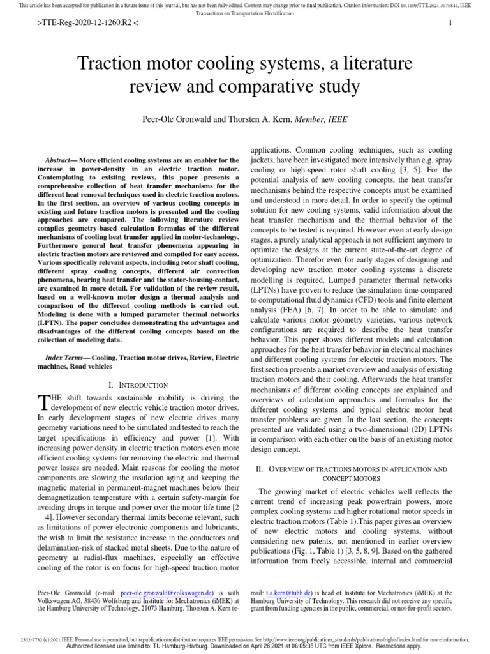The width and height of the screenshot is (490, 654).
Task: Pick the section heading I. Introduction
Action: click(x=138, y=385)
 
